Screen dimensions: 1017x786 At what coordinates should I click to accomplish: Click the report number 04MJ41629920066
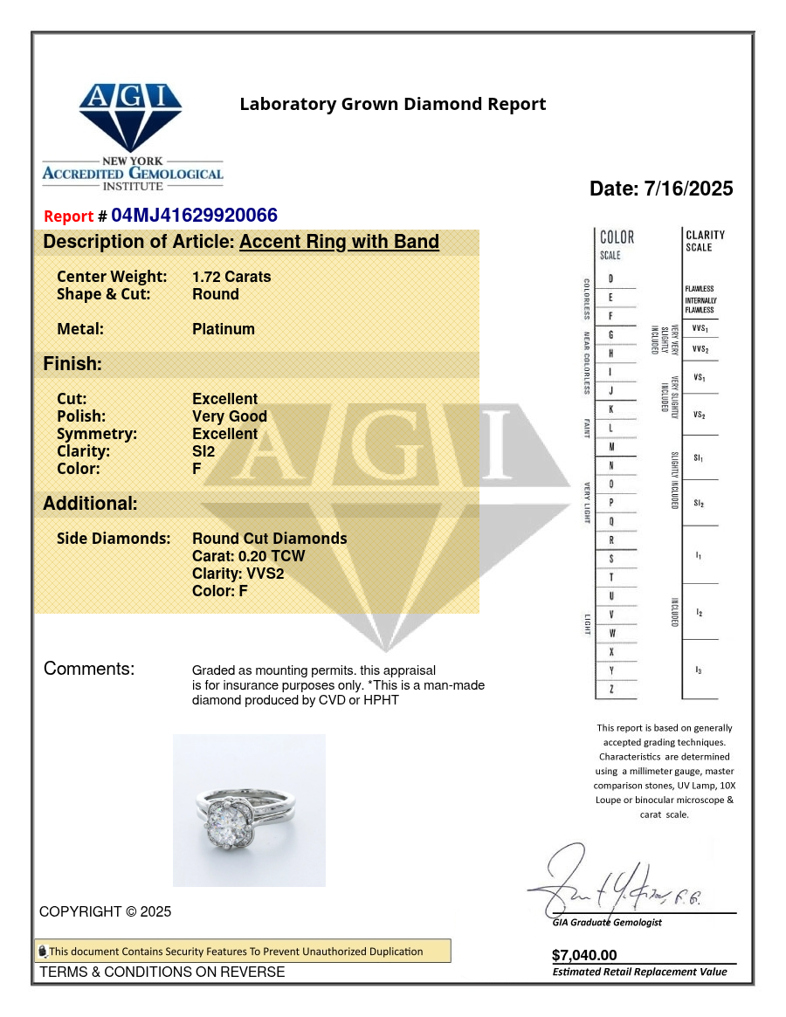point(194,216)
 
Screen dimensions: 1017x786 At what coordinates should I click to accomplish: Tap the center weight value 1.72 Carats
point(231,277)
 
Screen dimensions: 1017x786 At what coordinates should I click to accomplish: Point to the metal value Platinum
point(224,329)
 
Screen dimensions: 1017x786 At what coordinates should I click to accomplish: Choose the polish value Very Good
point(230,416)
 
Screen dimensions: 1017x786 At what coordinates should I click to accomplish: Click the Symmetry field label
point(97,434)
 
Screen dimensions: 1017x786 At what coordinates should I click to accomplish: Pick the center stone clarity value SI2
point(203,451)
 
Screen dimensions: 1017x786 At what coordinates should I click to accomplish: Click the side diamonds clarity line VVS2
point(238,574)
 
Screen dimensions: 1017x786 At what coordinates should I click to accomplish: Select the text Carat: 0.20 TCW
point(249,556)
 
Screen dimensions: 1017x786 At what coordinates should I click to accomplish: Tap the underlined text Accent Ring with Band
point(339,242)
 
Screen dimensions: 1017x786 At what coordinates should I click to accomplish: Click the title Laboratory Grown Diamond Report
point(393,105)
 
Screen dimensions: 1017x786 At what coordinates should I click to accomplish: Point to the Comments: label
point(89,669)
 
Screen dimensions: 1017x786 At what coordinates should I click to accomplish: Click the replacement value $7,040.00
point(584,955)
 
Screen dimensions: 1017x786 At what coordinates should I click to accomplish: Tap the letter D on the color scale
point(610,278)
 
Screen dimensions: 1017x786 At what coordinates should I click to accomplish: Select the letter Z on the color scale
point(610,689)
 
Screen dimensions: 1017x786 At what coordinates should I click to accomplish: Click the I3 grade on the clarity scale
point(699,670)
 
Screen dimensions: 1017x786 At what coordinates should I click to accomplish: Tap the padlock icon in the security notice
point(42,952)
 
